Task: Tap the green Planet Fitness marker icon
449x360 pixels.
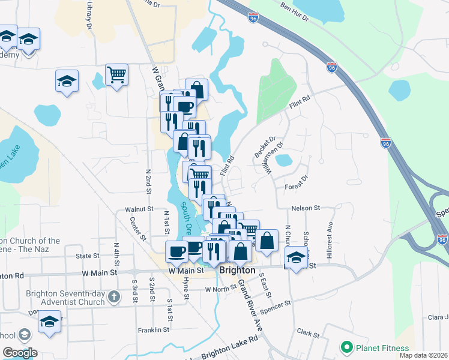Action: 346,347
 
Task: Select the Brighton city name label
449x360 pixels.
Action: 238,270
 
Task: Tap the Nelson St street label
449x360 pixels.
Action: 304,208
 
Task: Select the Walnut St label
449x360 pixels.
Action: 139,209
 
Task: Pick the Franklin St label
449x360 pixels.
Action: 153,330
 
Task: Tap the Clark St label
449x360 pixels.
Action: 307,332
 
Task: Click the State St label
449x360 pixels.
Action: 88,256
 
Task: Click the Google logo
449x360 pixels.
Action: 20,353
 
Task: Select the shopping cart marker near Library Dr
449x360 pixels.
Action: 116,75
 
